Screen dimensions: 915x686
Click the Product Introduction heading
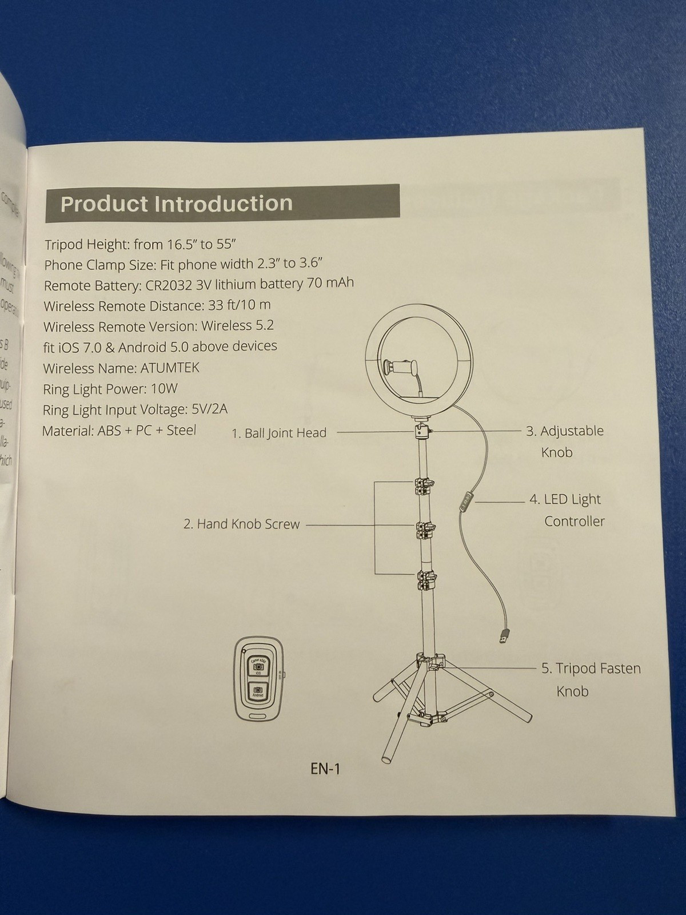coord(176,204)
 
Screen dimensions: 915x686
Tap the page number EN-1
coord(325,769)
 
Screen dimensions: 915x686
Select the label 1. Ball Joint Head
coord(279,433)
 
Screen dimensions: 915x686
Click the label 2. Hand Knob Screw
coord(241,524)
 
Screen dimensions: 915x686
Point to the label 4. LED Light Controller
coord(566,510)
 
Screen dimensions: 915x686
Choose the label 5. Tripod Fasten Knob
coord(591,679)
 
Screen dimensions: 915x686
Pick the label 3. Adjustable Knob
coord(564,441)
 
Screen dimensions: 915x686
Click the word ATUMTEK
coord(170,368)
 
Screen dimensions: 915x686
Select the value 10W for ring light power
coord(164,389)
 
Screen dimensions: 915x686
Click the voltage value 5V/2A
coord(210,409)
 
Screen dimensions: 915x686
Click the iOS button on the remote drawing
coord(258,666)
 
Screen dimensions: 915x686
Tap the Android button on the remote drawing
coord(258,691)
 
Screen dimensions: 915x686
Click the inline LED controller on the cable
coord(465,502)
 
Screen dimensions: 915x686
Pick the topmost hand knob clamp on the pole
coord(422,487)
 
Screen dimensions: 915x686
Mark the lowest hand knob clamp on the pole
coord(424,580)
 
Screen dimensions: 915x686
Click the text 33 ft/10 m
coord(239,305)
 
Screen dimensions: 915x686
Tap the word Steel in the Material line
coord(181,430)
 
